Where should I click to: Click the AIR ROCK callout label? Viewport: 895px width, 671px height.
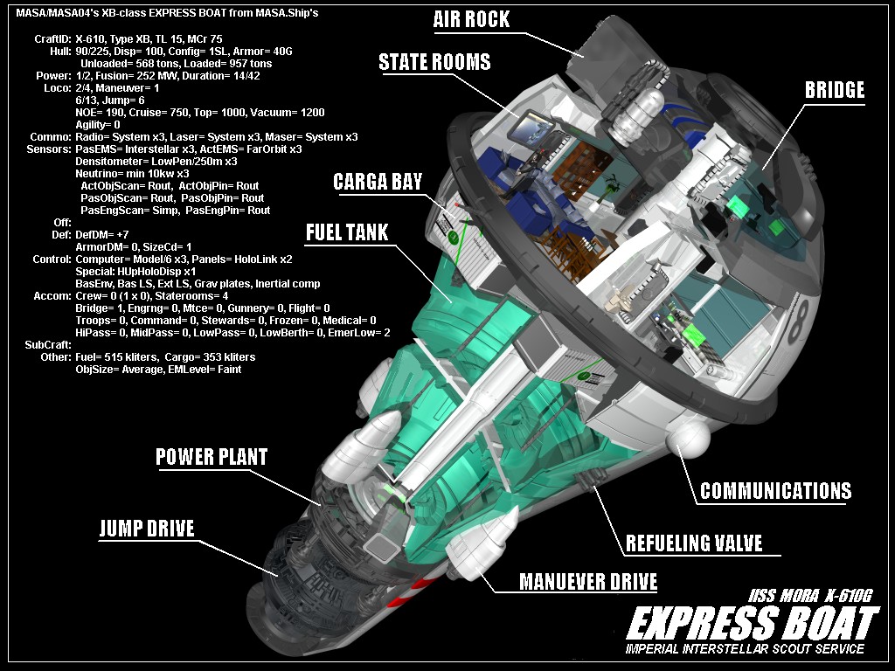(471, 19)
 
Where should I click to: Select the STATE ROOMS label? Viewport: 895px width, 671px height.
(434, 62)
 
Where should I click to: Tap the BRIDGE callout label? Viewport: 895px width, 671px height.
(835, 90)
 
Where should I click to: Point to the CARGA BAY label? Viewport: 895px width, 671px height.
(378, 182)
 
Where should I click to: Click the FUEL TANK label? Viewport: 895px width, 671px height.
(347, 232)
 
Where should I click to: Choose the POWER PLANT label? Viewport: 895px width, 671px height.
(212, 457)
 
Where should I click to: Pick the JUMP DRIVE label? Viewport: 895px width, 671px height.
(147, 528)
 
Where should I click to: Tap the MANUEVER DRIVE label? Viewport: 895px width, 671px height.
(588, 582)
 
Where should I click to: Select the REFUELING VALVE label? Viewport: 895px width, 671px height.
(694, 543)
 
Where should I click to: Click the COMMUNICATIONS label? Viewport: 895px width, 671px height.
(775, 490)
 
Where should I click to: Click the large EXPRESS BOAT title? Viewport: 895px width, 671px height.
(752, 624)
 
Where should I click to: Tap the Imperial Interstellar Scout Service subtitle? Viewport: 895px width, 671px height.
(746, 649)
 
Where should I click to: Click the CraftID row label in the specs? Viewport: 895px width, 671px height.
(52, 39)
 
